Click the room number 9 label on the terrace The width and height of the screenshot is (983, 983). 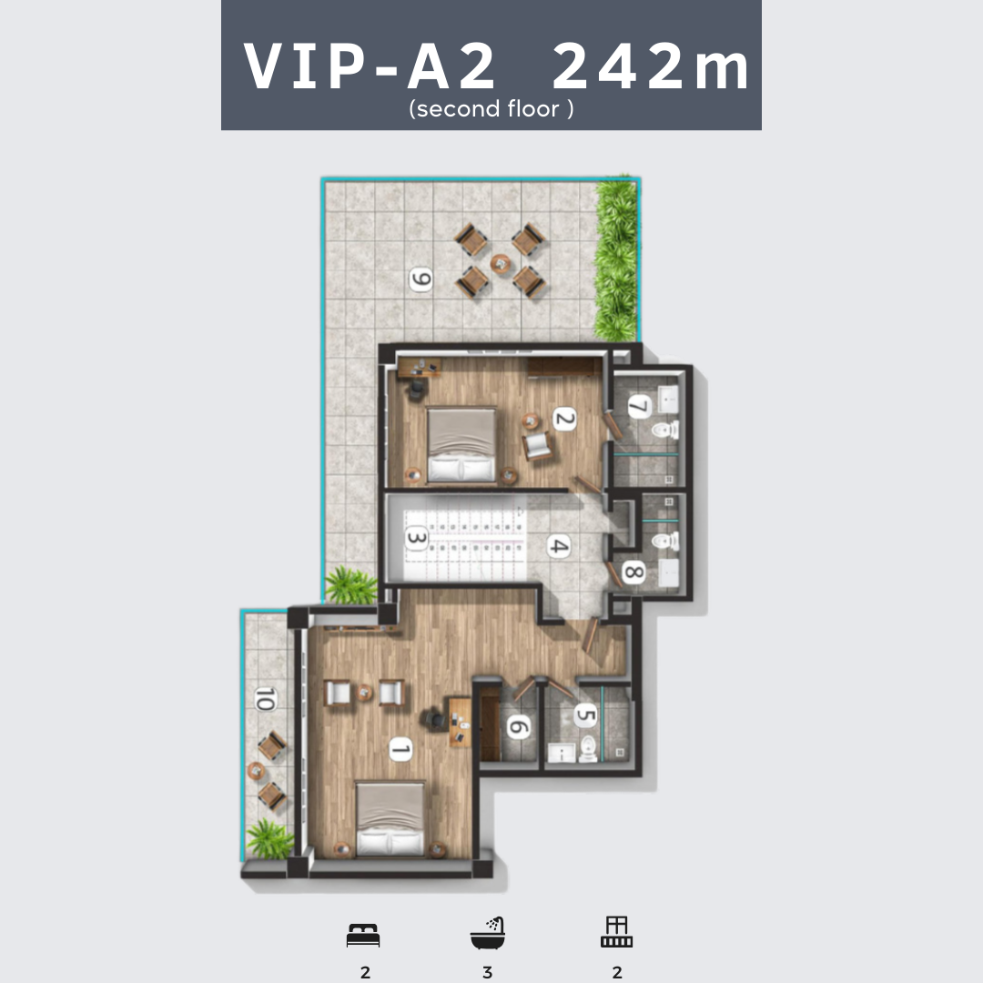click(421, 279)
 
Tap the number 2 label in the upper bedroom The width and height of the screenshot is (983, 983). click(564, 419)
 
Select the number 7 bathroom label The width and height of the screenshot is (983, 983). click(639, 407)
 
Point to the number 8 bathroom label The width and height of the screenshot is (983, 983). click(633, 572)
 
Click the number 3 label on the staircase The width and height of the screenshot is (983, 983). click(417, 538)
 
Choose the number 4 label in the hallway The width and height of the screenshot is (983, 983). click(559, 546)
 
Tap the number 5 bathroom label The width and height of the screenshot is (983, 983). click(585, 714)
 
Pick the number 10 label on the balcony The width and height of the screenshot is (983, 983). click(265, 699)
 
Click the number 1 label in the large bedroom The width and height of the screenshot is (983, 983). click(400, 749)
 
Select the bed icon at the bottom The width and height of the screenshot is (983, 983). click(363, 935)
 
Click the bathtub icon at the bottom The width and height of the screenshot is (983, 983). click(488, 933)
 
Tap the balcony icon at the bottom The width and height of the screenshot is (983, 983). click(616, 932)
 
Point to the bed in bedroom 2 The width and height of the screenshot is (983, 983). click(461, 446)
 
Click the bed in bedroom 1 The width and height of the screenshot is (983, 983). click(390, 818)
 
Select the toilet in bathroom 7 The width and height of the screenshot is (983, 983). click(665, 430)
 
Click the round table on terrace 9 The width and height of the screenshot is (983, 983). click(501, 263)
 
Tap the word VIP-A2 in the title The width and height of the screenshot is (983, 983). click(370, 66)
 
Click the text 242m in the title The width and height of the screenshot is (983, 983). click(650, 66)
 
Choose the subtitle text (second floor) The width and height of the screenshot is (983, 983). click(491, 109)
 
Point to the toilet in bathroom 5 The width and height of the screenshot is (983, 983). click(588, 748)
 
